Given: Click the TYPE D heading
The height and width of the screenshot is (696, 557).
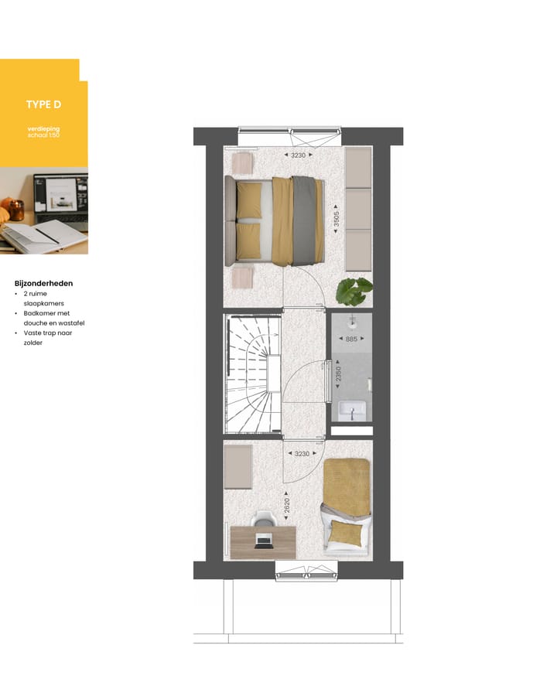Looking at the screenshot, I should pyautogui.click(x=43, y=104).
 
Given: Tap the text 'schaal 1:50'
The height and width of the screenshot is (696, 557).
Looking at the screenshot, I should pyautogui.click(x=43, y=135).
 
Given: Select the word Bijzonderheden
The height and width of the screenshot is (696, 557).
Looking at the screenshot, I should pyautogui.click(x=43, y=283).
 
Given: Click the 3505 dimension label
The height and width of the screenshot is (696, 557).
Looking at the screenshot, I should pyautogui.click(x=336, y=218).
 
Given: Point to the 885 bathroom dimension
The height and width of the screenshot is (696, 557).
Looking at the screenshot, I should pyautogui.click(x=351, y=339).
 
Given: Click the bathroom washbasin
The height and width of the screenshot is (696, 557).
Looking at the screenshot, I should pyautogui.click(x=351, y=411).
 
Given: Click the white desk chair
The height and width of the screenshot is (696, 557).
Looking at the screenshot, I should pyautogui.click(x=264, y=520).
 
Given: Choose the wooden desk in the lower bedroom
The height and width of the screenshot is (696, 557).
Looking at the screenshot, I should pyautogui.click(x=263, y=541).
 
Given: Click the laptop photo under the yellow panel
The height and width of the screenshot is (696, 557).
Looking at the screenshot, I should pyautogui.click(x=44, y=210).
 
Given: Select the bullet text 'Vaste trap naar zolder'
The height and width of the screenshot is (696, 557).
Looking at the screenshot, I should pyautogui.click(x=43, y=337).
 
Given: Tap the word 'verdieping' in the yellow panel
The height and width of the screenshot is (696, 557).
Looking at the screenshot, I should pyautogui.click(x=43, y=128).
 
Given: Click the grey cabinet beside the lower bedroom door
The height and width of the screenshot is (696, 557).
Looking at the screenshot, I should pyautogui.click(x=238, y=466).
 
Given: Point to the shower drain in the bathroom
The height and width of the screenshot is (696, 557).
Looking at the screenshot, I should pyautogui.click(x=351, y=319).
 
